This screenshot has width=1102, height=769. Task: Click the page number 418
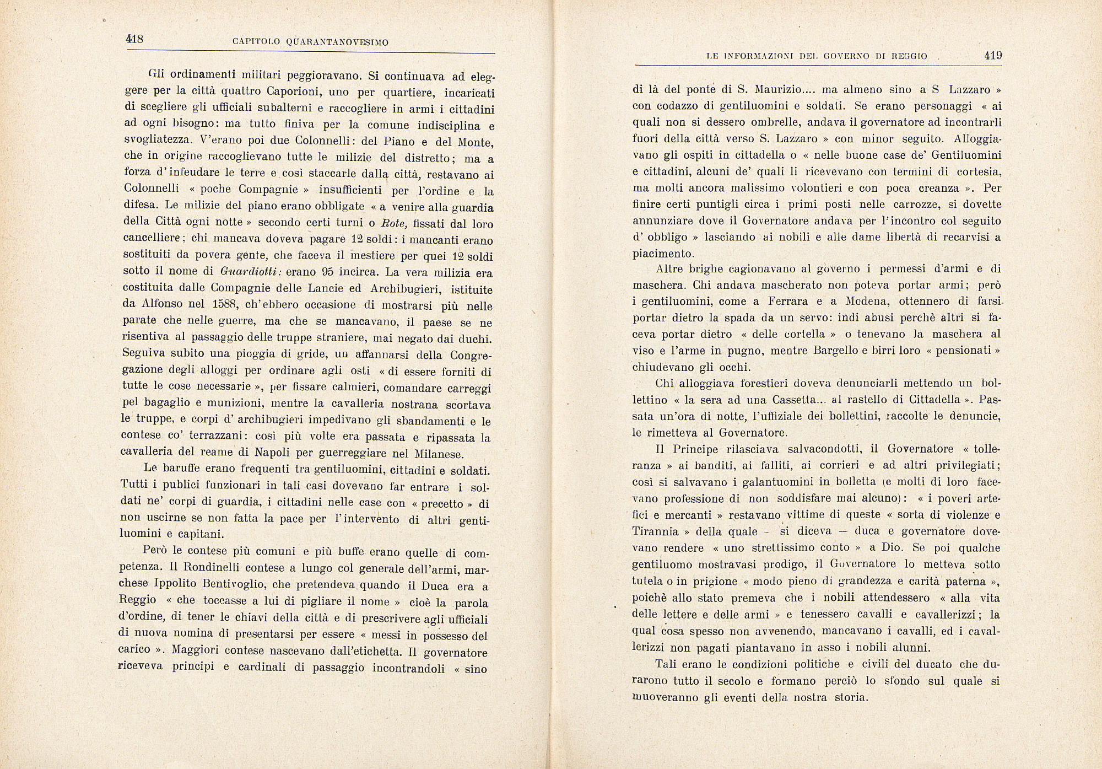pyautogui.click(x=134, y=39)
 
